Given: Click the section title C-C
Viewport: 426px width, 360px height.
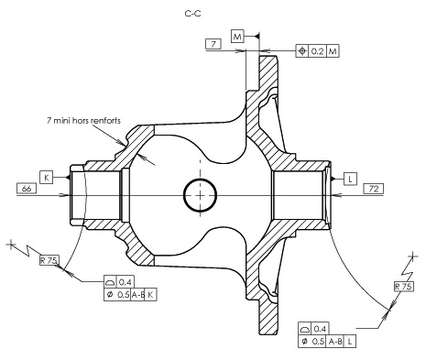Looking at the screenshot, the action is pos(193,14).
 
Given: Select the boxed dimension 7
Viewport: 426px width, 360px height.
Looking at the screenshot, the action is pos(213,44).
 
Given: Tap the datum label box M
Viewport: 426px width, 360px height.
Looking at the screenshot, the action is pos(237,37).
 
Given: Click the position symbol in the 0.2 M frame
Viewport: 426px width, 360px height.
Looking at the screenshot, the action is pos(302,51).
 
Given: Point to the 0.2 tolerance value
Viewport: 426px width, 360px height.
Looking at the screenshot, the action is pos(318,51).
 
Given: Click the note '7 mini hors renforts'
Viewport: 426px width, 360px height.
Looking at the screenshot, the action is pos(83,120).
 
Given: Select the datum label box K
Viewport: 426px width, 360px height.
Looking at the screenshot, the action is pos(47,178).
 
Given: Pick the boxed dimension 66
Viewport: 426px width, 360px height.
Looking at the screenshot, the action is pos(27,189).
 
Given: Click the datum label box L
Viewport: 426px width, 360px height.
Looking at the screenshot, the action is pos(350,179).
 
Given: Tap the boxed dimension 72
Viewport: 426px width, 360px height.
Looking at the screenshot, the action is pos(374,189).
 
